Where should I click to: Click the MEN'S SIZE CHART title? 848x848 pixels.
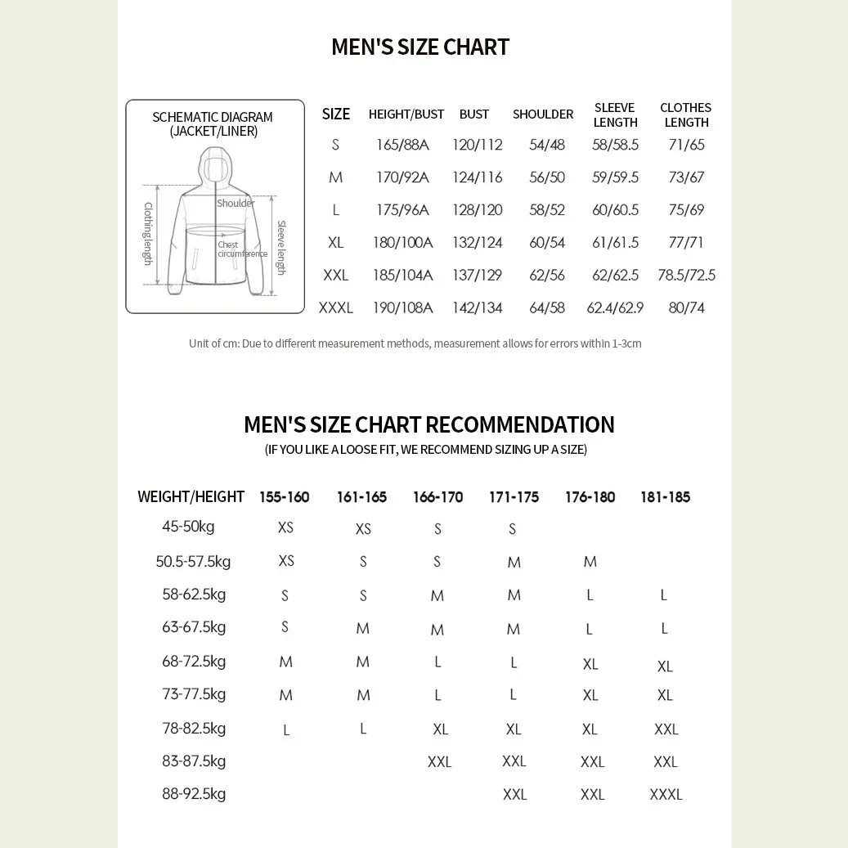420,47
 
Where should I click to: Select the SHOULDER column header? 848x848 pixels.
543,114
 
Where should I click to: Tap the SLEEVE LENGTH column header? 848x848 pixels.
615,115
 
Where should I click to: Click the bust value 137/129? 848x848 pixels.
477,276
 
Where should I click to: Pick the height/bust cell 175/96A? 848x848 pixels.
402,210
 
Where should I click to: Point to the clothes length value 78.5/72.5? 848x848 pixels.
686,276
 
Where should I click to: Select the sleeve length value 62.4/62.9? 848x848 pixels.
615,308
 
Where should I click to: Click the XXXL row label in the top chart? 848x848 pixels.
335,308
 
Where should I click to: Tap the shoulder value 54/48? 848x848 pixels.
547,145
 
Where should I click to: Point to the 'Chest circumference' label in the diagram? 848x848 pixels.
242,249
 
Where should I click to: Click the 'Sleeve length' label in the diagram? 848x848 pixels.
280,247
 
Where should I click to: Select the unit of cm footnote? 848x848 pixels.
415,343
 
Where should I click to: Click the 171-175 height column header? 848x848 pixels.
514,497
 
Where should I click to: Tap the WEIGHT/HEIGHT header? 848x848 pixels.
191,497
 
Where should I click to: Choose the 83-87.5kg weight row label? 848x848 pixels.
194,761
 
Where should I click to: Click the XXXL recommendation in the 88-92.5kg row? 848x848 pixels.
666,795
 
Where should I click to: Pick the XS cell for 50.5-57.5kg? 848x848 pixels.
286,561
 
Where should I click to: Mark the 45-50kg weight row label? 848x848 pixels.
188,527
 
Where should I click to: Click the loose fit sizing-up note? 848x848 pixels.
425,450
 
